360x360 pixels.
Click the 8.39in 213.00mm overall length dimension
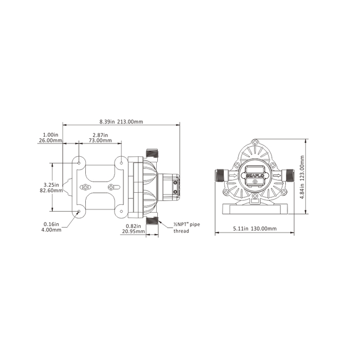coord(121,121)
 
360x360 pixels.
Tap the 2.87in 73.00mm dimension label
coord(100,137)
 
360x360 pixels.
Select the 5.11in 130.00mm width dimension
coord(251,228)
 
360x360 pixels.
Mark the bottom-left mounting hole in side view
coord(79,212)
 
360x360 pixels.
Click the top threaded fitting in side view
coord(152,152)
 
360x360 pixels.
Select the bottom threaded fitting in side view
coord(152,222)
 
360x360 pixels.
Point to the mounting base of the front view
coord(255,209)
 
